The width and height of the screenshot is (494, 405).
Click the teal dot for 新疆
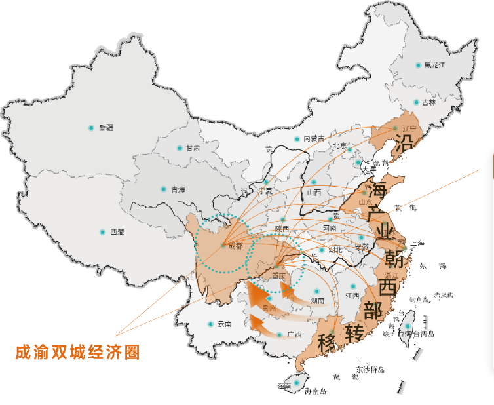tap(91, 128)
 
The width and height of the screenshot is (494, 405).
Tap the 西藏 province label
tap(117, 233)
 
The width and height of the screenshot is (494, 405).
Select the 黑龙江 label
tap(434, 66)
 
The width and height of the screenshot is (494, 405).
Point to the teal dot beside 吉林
tap(416, 102)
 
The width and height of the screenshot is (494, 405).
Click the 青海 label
tap(178, 190)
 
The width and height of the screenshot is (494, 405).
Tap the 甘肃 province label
tap(193, 148)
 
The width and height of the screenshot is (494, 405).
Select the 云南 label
tap(224, 324)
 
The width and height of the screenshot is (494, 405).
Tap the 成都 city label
tap(235, 246)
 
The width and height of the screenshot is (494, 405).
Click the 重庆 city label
tap(278, 277)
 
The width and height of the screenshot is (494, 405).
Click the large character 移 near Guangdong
tap(327, 343)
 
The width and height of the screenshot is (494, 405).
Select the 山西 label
tap(314, 193)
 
